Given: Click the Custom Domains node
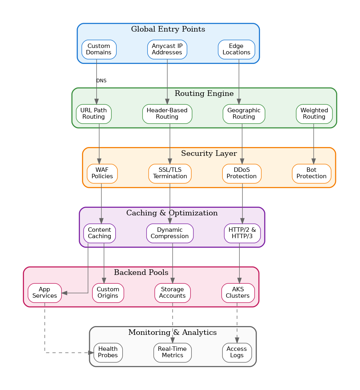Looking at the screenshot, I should tap(99, 49).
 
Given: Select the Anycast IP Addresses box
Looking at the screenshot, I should tap(167, 49).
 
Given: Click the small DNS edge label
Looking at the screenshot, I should tap(101, 81).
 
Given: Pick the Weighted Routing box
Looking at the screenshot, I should tap(314, 113).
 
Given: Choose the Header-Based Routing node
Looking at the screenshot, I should tap(167, 113).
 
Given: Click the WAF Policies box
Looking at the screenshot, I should tap(102, 173).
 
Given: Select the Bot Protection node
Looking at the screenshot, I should tap(311, 173).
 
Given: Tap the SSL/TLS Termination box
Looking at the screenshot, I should tap(170, 173).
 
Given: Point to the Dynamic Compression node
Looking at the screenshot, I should tap(169, 233).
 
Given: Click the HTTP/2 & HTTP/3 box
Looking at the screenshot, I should tap(242, 233).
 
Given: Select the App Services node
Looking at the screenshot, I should tap(44, 292).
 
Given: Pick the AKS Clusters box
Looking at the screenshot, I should tap(238, 292).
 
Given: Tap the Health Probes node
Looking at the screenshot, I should tap(108, 352).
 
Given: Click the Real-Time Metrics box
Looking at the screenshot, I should tap(172, 352).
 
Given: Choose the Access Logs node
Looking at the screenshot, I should tap(237, 352).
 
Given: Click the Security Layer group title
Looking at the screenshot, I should tap(209, 153).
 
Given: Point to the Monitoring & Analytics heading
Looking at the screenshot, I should tap(172, 332).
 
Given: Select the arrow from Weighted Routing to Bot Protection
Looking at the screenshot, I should tap(314, 144).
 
